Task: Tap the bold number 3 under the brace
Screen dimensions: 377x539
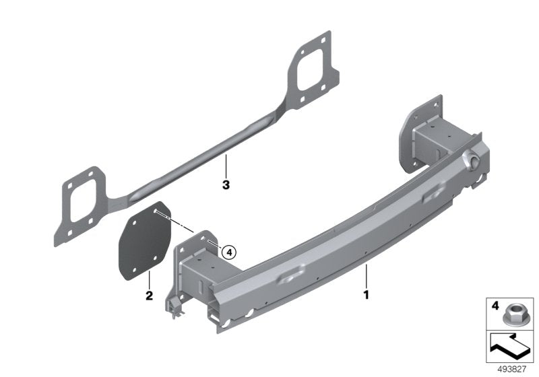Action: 226,182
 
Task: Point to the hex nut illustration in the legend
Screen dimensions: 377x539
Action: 513,314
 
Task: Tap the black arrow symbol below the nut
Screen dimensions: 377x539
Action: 509,347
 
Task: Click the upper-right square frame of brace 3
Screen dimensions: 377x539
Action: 310,67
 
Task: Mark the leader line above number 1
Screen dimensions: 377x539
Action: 366,275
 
